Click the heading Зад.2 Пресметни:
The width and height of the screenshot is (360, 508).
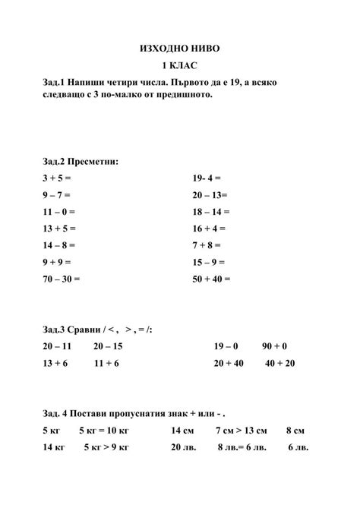81,161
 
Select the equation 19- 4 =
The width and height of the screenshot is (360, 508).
207,178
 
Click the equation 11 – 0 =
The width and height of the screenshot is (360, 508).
58,211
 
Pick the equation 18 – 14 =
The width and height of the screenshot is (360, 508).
211,211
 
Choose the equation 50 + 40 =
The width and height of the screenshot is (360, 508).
212,279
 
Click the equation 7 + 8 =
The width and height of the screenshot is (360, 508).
207,245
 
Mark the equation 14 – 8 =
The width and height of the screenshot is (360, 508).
58,245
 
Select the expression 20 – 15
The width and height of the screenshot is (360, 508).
108,346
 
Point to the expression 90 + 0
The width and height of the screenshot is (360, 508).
276,346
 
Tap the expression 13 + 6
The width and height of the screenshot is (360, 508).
56,364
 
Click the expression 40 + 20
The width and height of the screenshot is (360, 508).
279,364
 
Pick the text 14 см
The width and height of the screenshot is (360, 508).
182,431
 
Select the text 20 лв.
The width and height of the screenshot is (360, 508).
183,447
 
